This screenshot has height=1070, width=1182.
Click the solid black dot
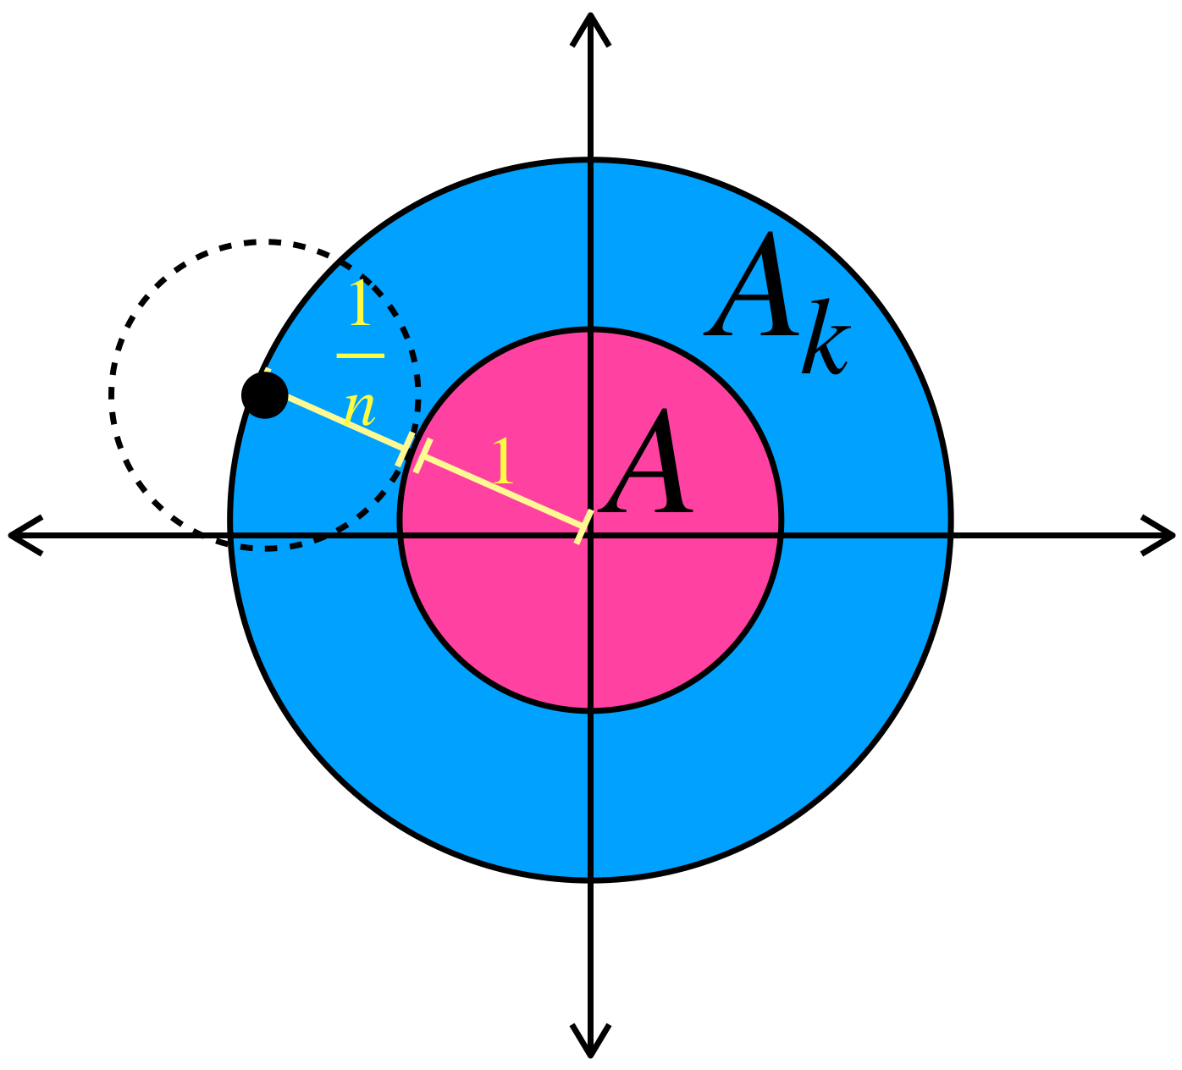pos(265,394)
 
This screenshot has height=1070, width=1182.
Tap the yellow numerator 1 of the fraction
pos(361,303)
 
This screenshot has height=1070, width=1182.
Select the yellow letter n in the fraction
pos(360,407)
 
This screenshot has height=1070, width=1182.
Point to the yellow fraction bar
pos(361,356)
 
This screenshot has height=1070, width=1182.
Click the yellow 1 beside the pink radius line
pos(503,462)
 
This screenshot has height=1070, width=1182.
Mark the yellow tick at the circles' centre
pos(583,527)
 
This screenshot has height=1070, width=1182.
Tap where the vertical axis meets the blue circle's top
pos(590,160)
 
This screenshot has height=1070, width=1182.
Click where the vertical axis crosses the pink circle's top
pos(590,329)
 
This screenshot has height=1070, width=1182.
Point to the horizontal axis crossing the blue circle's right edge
pos(952,535)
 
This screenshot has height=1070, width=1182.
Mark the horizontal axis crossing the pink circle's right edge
pos(781,535)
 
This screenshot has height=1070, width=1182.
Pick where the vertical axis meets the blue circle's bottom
pos(590,880)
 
